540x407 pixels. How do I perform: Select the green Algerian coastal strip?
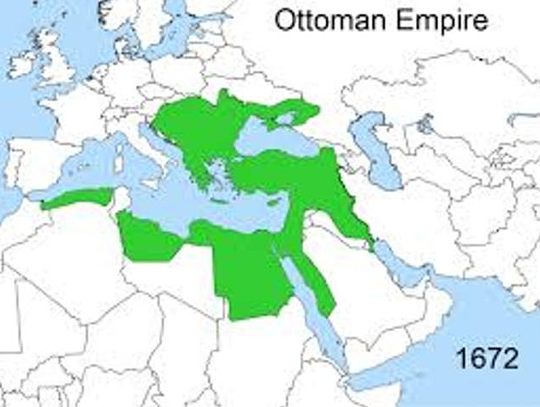click(x=77, y=199)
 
